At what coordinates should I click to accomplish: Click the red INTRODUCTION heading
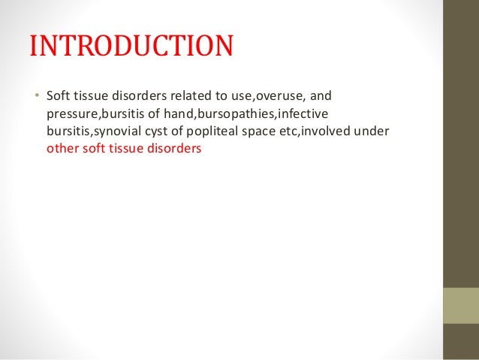pyautogui.click(x=131, y=47)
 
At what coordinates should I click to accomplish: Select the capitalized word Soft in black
pyautogui.click(x=58, y=97)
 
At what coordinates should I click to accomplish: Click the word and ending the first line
pyautogui.click(x=321, y=97)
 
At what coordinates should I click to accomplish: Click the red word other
pyautogui.click(x=61, y=148)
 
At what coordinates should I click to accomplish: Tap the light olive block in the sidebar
pyautogui.click(x=461, y=305)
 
